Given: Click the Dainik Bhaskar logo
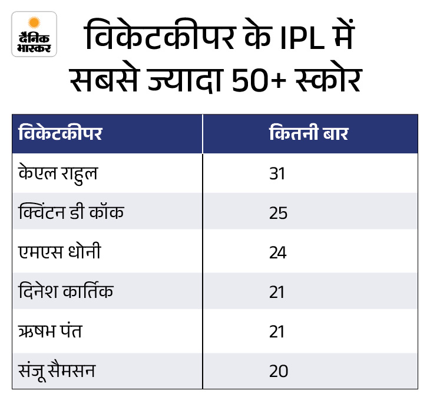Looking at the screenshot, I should (34, 34).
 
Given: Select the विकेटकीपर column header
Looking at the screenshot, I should (60, 133).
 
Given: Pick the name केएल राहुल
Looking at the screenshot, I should (58, 173).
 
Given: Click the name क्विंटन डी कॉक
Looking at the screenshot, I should (71, 212).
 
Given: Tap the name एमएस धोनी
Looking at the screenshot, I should (59, 253).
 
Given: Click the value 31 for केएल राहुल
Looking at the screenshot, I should (278, 173).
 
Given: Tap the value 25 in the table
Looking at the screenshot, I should (278, 213).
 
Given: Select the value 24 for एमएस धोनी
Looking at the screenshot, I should (278, 253).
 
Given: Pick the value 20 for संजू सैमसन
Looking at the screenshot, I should (278, 372).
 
